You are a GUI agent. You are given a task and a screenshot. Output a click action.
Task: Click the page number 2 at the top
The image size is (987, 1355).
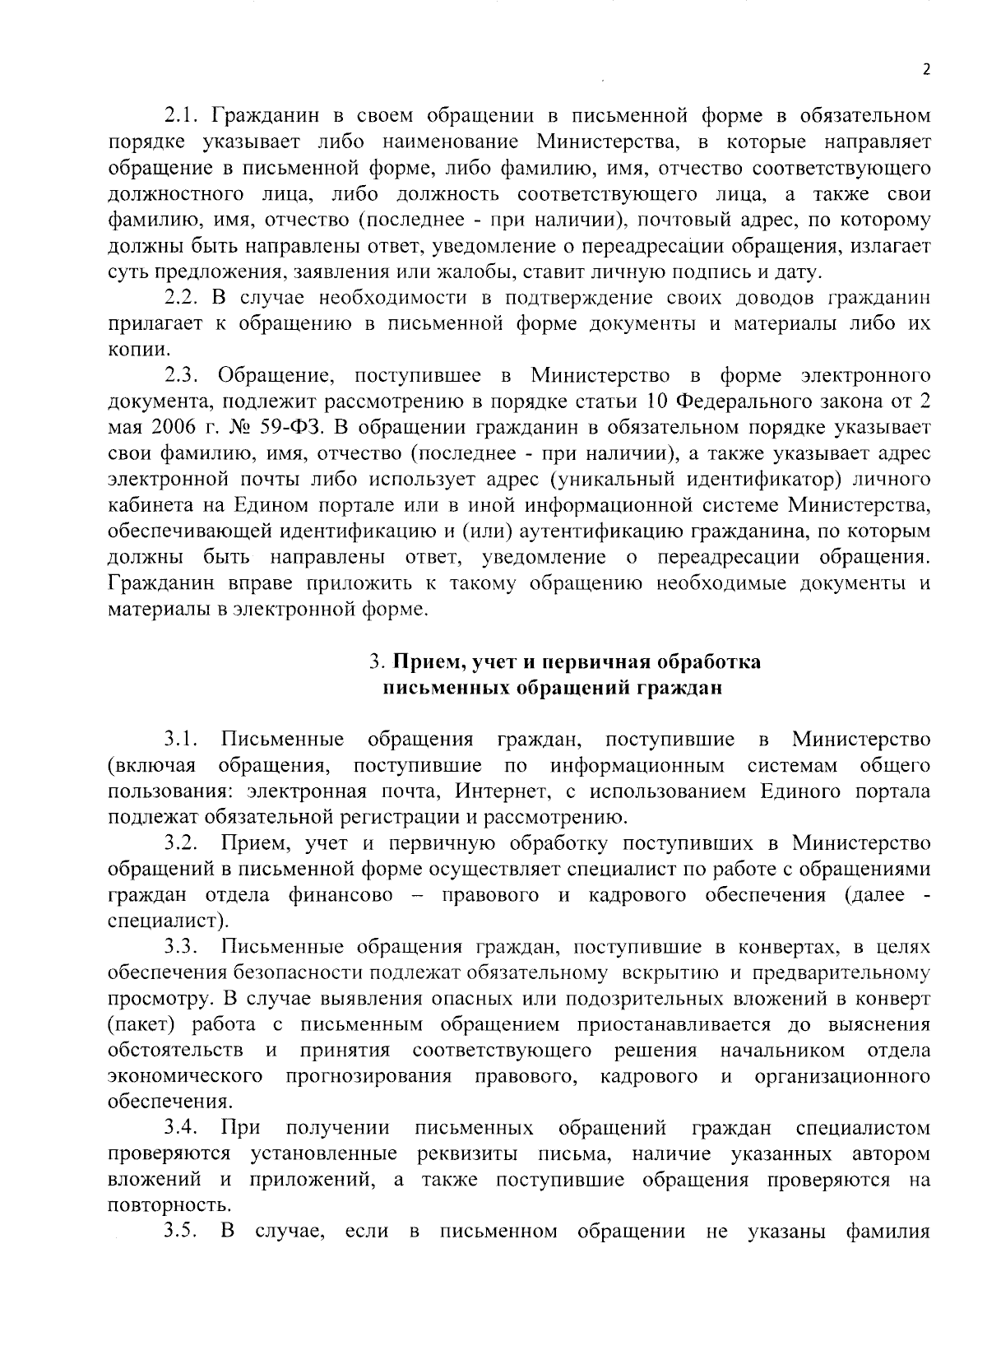[925, 70]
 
